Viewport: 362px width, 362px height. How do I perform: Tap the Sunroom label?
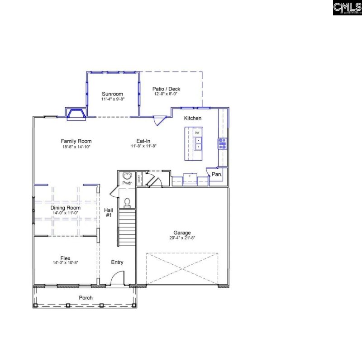tap(113, 94)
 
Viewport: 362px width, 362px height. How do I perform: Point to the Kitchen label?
tap(193, 118)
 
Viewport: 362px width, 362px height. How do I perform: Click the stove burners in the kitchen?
tap(222, 143)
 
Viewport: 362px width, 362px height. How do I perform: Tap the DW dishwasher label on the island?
tap(197, 132)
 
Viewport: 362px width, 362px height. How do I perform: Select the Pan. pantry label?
tap(217, 174)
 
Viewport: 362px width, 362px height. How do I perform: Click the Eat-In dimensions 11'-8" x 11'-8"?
tap(143, 147)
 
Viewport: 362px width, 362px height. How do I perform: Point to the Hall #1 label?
tap(109, 213)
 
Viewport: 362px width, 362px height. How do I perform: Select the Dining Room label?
tap(66, 208)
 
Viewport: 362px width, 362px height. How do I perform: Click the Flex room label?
tap(66, 258)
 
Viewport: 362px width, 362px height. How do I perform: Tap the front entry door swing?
tap(117, 278)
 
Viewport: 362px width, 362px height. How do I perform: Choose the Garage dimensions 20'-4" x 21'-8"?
tap(182, 238)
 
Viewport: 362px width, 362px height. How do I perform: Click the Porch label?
tap(86, 298)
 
